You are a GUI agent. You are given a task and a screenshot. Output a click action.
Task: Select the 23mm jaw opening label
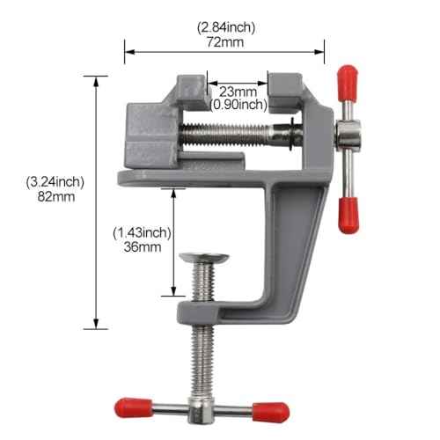pyautogui.click(x=238, y=92)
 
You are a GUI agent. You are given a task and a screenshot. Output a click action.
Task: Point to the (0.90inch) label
pyautogui.click(x=238, y=105)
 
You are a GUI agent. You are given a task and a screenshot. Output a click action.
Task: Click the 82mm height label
pyautogui.click(x=55, y=197)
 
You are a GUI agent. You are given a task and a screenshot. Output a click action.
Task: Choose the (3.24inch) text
pyautogui.click(x=55, y=182)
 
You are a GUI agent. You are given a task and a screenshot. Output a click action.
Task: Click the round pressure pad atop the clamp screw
pyautogui.click(x=204, y=259)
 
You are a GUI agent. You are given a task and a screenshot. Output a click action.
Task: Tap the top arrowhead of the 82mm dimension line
pyautogui.click(x=95, y=80)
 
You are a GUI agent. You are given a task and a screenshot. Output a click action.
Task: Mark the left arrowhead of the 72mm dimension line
pyautogui.click(x=128, y=51)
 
